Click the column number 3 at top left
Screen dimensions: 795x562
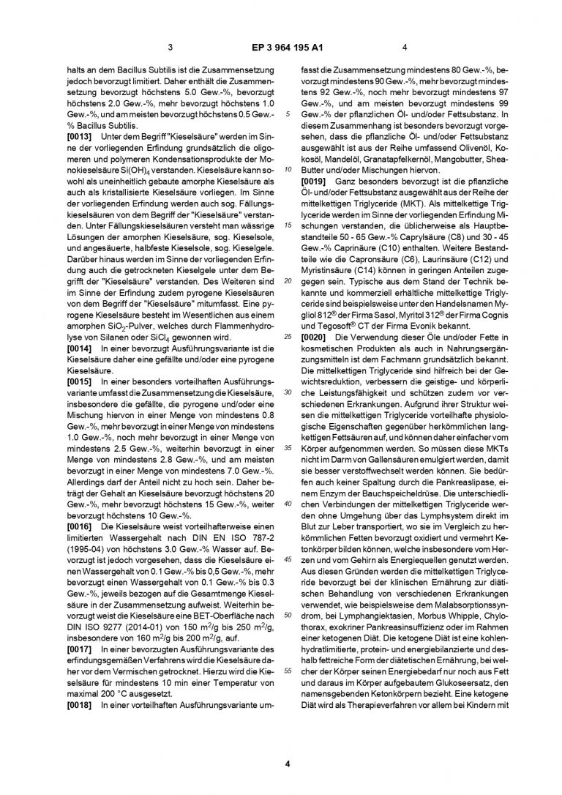pyautogui.click(x=170, y=49)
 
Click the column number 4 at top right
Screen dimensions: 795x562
pyautogui.click(x=404, y=49)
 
